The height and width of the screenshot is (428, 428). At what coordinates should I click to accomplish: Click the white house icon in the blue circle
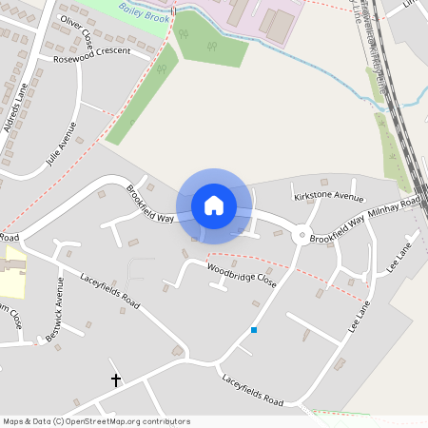(214, 205)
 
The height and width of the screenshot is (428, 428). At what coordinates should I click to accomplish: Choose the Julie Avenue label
(60, 144)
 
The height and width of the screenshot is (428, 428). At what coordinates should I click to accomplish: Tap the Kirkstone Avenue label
(329, 197)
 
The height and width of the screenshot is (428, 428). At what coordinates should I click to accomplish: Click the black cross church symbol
(116, 379)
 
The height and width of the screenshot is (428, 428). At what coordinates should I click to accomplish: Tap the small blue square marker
(254, 329)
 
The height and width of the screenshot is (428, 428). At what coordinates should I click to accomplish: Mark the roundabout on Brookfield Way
(302, 236)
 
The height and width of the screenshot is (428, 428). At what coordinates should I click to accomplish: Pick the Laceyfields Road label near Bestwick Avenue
(110, 293)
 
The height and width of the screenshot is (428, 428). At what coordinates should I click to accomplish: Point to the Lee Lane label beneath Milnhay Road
(396, 259)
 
